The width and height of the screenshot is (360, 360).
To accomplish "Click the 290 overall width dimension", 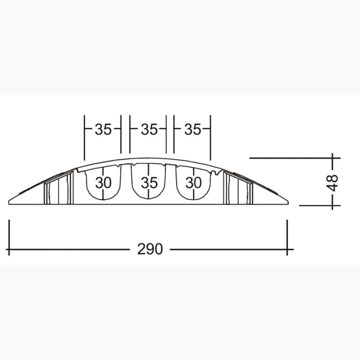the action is (150, 249).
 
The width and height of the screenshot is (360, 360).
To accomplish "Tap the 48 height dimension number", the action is (332, 183).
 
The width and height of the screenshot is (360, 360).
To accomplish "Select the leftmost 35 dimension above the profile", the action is (103, 129).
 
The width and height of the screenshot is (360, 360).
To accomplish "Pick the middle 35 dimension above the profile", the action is (149, 129).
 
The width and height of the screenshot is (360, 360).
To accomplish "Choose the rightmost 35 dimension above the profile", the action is (193, 129).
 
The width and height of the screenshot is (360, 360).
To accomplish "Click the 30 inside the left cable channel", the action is (103, 183).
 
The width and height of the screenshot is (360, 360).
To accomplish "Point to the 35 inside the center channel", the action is (149, 183).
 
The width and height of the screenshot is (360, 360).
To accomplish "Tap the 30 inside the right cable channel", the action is (194, 183).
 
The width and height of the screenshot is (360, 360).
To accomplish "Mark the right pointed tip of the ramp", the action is (289, 202).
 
